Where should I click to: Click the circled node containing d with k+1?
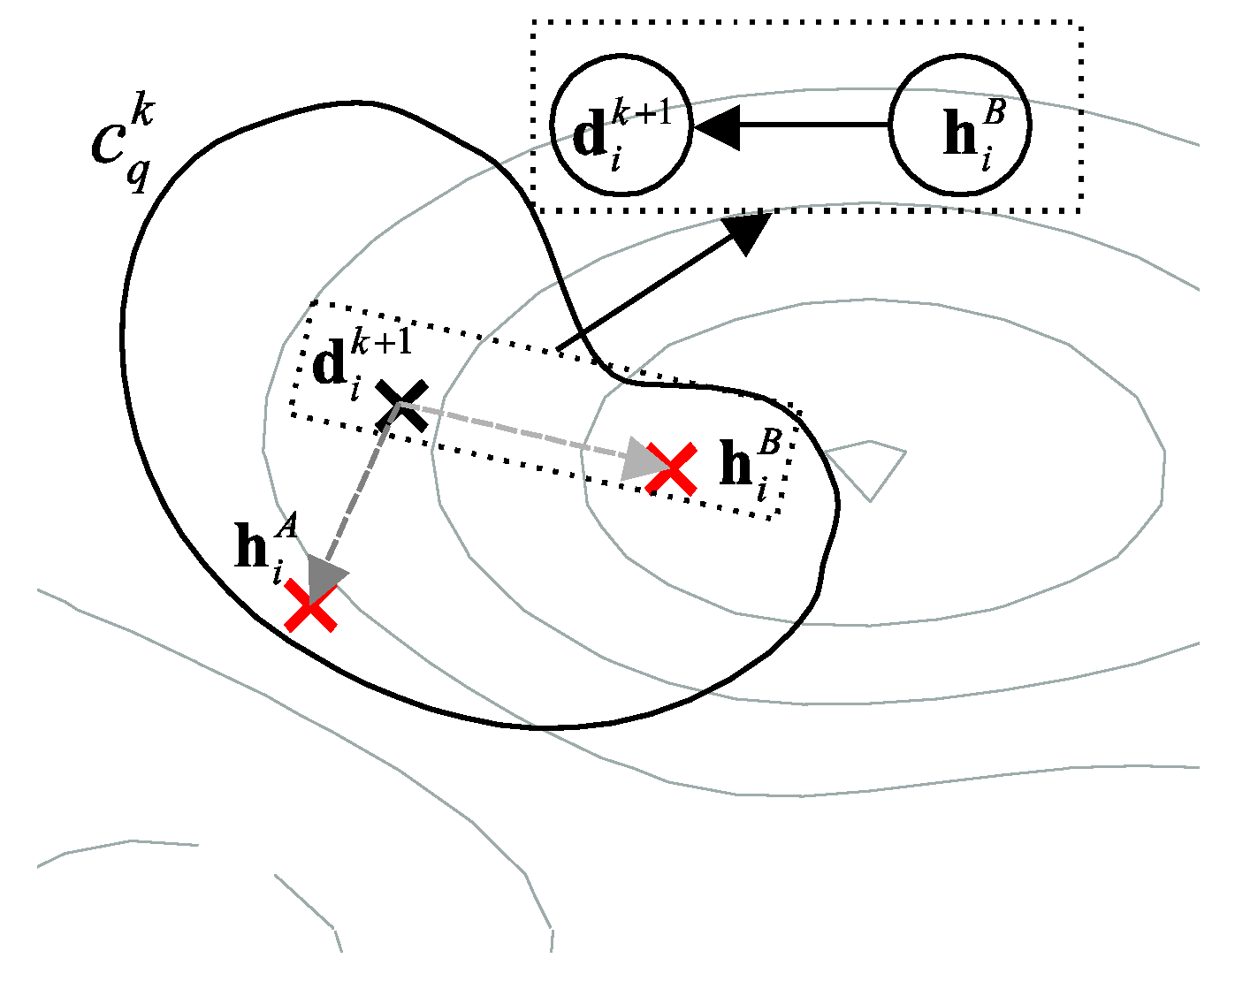click(621, 125)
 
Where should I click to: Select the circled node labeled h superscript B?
click(960, 125)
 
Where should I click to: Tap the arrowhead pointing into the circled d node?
click(716, 126)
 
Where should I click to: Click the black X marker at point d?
click(402, 405)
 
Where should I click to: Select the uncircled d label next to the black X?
click(331, 364)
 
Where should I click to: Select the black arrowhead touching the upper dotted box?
click(748, 232)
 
